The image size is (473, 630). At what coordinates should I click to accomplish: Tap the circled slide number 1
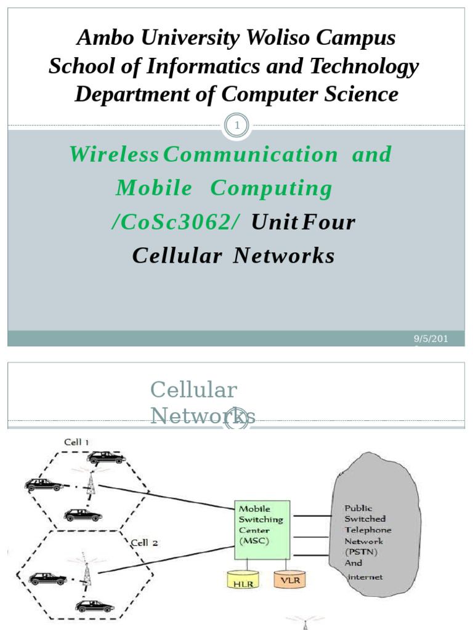[x=236, y=126]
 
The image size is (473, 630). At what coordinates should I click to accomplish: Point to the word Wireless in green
[x=114, y=155]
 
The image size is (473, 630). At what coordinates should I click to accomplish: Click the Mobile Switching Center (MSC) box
[x=262, y=529]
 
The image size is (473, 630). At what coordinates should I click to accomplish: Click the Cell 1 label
[x=77, y=442]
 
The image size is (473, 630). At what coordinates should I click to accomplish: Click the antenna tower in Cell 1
[x=90, y=483]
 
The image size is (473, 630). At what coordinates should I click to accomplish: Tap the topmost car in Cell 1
[x=107, y=458]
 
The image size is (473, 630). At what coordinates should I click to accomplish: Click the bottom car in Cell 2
[x=95, y=606]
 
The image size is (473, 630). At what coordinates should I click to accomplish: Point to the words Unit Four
[x=303, y=222]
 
